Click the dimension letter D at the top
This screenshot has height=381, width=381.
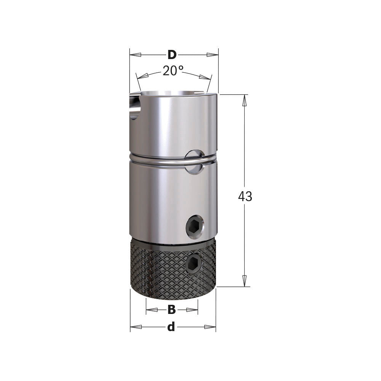tap(172, 55)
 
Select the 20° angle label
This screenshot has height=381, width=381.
tap(173, 71)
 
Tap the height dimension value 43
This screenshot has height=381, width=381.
tap(245, 197)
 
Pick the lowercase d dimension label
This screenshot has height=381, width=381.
tap(171, 327)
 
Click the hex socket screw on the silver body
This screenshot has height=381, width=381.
tap(195, 228)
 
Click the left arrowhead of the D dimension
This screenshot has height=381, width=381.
tap(135, 55)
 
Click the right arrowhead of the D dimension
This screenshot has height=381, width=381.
tap(213, 55)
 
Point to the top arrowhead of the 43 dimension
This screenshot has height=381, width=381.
tap(245, 100)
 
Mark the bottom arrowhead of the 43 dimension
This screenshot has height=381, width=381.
tap(245, 281)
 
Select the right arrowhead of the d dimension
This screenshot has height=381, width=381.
tap(210, 327)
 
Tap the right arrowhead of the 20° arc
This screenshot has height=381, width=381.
tap(205, 77)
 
